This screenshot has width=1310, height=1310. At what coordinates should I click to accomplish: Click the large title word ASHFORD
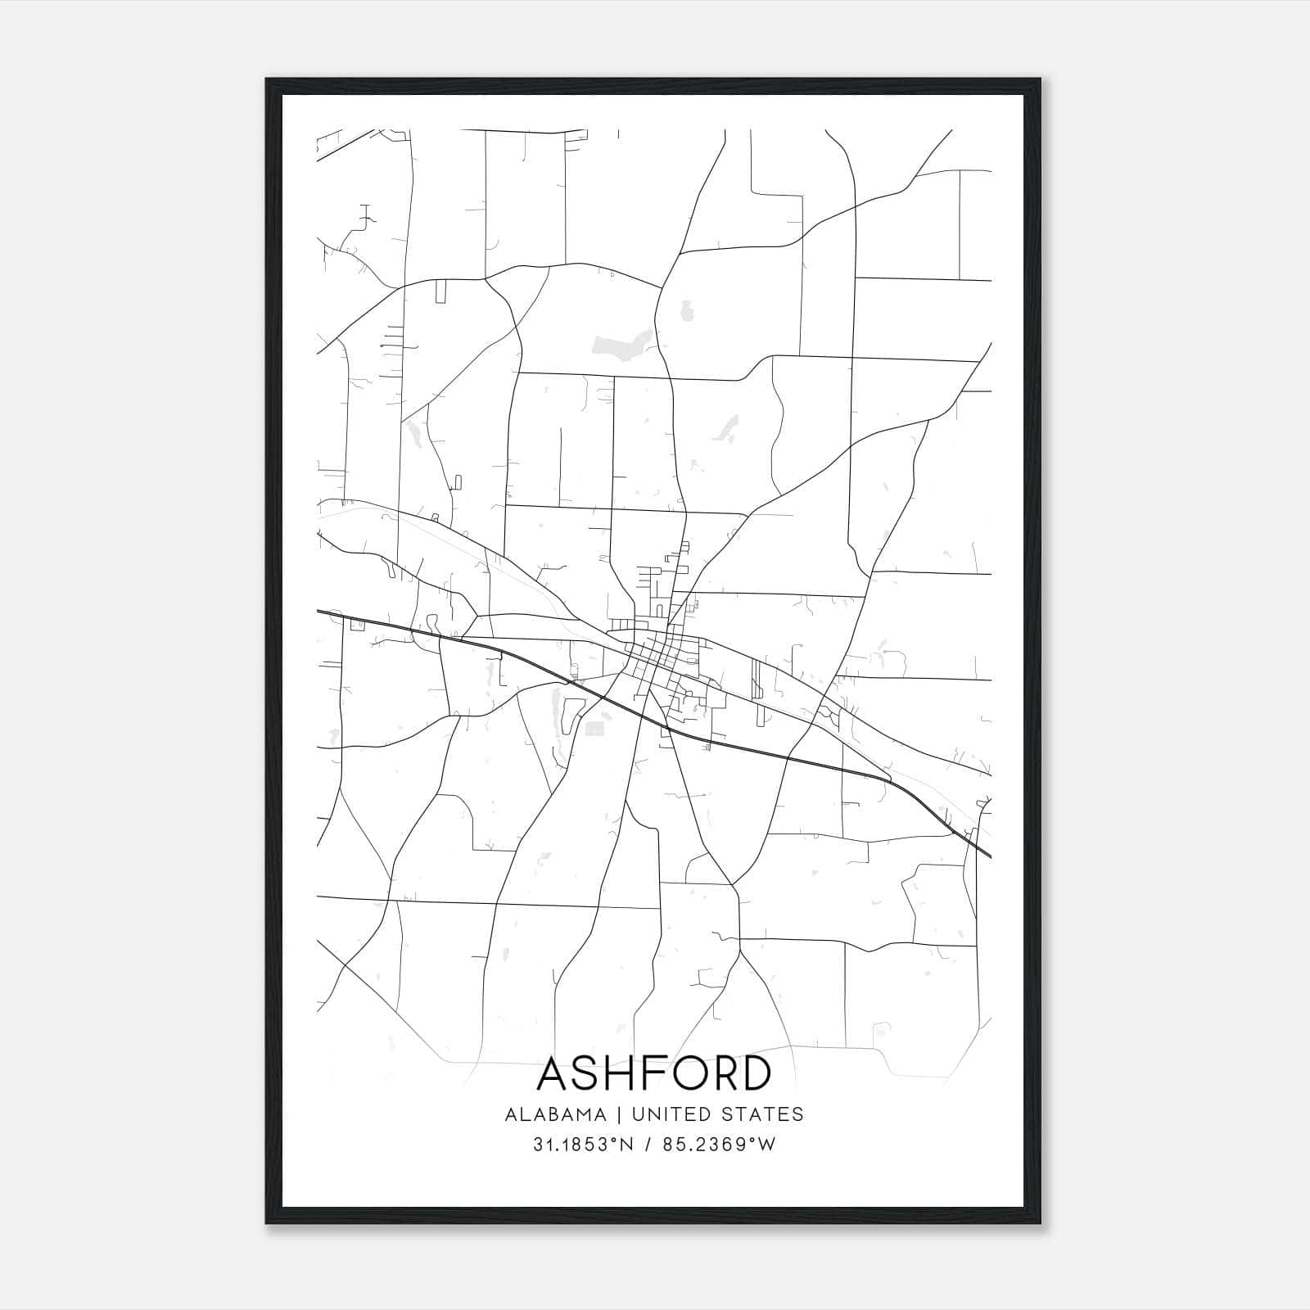tap(654, 1073)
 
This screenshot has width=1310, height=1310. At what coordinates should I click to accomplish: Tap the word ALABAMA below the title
tap(555, 1114)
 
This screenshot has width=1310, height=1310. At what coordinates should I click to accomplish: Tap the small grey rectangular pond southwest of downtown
tap(595, 728)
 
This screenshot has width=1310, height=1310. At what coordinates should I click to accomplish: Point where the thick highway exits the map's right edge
tap(990, 856)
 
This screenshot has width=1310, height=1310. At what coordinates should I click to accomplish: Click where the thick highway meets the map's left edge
tap(318, 611)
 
